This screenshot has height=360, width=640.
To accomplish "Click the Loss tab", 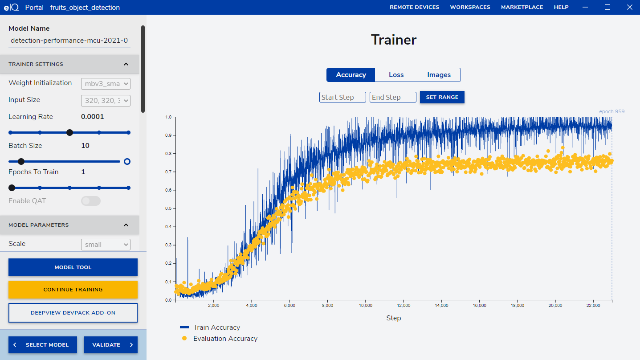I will (x=396, y=75).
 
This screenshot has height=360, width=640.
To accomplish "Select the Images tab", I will (x=439, y=75).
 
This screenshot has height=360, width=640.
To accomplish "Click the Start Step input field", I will (x=342, y=97).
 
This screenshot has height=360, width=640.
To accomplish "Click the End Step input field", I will (x=393, y=97).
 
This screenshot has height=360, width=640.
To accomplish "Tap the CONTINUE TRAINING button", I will (x=73, y=290).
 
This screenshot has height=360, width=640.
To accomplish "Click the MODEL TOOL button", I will (x=73, y=267).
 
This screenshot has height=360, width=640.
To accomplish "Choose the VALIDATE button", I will (x=110, y=345).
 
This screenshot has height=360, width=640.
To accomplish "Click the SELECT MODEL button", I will (x=43, y=345).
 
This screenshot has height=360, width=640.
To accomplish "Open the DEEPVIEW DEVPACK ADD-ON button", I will (x=73, y=313).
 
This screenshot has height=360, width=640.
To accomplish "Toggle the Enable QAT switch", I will (x=91, y=201).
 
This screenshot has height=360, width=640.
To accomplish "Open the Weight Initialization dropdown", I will (x=106, y=84).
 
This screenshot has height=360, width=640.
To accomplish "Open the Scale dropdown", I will (x=106, y=245).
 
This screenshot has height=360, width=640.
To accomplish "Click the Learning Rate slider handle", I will (x=69, y=132).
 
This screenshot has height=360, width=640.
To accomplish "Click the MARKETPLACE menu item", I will (x=522, y=7).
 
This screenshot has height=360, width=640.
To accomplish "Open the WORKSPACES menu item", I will (x=470, y=7).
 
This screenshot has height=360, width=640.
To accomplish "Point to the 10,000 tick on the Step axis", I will (x=366, y=306).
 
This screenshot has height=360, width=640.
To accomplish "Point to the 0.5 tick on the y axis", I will (x=168, y=209).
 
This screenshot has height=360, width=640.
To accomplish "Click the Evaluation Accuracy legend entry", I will (x=225, y=339).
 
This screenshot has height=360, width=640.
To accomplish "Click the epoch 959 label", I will (x=611, y=111).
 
